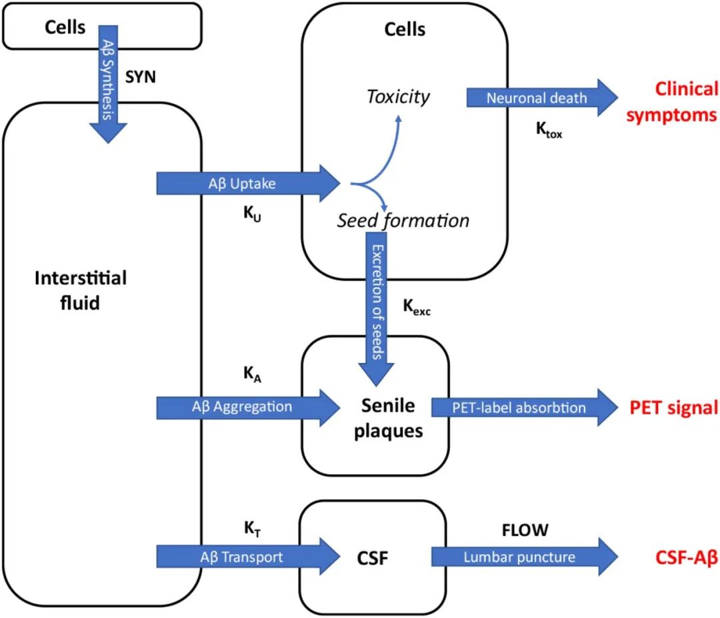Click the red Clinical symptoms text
point(677,101)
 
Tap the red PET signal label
point(674,407)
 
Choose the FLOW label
point(525,530)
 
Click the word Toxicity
point(398,97)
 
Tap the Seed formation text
point(402,220)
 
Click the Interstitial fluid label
point(80,290)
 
